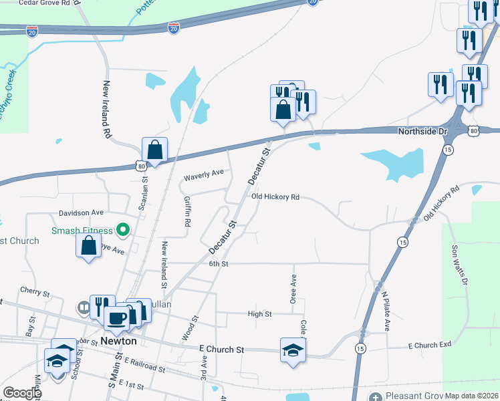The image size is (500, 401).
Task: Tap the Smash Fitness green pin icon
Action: [x=122, y=232]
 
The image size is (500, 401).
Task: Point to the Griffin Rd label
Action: [x=188, y=211]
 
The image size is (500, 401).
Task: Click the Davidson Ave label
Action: [x=81, y=213]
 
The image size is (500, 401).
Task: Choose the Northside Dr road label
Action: [x=421, y=132]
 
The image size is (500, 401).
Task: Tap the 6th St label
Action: [x=219, y=264]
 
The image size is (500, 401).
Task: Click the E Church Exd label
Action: [x=430, y=345]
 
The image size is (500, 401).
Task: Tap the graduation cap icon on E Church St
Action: [x=293, y=350]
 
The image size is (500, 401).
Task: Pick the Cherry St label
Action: [x=35, y=292]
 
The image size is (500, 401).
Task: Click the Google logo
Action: [x=21, y=393]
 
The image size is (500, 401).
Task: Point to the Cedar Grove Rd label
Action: [x=44, y=3]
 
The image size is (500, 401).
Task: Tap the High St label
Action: [x=259, y=313]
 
